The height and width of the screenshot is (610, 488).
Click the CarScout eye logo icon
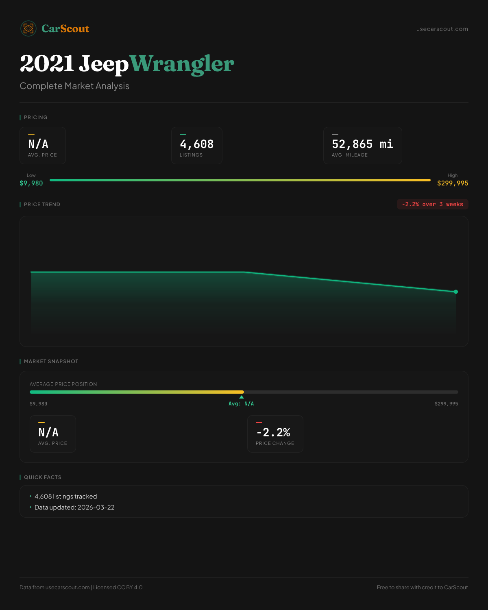point(28,28)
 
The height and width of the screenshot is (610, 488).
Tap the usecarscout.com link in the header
point(442,29)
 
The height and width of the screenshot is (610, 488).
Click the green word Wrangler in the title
point(182,64)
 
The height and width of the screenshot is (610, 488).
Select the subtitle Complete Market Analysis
point(74,86)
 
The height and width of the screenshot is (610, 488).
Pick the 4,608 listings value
point(197,144)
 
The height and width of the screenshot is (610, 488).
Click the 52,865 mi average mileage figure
point(362,144)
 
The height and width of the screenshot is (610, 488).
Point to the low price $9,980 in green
point(31,183)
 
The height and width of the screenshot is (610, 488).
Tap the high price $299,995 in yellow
point(453,183)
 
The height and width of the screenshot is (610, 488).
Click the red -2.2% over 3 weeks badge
point(432,205)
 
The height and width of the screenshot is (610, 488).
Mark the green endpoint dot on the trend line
point(456,292)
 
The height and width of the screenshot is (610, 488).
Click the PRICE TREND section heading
point(42,205)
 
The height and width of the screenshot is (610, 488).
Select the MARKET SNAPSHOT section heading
point(51,362)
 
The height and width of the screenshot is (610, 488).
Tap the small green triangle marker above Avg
point(242,397)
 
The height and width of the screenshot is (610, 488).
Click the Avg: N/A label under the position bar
point(241,404)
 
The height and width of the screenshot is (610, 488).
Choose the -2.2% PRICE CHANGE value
point(273,432)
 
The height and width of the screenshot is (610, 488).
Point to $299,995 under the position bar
point(446,404)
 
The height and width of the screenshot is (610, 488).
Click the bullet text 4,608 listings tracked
point(66,497)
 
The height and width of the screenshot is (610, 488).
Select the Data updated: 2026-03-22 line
point(74,508)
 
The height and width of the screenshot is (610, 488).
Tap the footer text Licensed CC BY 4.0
point(118,588)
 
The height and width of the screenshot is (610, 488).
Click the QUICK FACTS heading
point(43,477)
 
